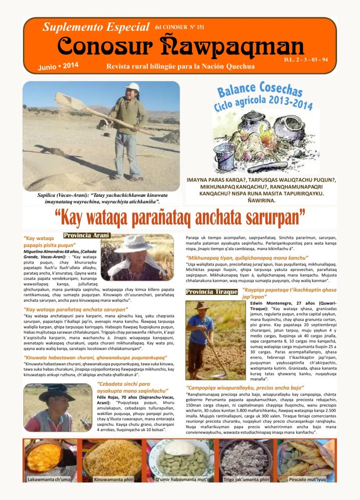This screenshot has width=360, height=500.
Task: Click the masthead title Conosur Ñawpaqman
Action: [181, 47]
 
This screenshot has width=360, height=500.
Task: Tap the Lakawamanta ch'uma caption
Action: [49, 479]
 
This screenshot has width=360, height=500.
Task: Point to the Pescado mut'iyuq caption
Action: [305, 479]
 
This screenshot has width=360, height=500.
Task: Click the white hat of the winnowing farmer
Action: [132, 87]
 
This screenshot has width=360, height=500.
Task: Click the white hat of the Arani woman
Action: [135, 243]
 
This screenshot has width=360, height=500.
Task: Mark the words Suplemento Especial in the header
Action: [96, 27]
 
